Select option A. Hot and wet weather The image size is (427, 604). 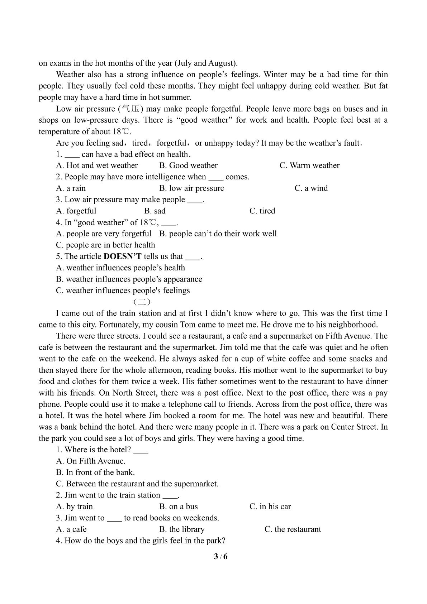click(x=97, y=165)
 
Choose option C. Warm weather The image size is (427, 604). click(x=309, y=165)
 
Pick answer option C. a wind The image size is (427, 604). click(x=311, y=188)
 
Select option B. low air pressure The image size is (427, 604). click(x=191, y=188)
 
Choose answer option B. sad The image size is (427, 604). click(x=155, y=211)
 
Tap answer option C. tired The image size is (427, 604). click(x=262, y=211)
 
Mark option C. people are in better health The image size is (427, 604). click(x=105, y=245)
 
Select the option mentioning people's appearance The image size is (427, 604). click(x=129, y=279)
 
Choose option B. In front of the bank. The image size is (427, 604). click(x=95, y=472)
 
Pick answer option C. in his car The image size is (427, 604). click(x=270, y=506)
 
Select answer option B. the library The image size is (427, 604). click(x=182, y=529)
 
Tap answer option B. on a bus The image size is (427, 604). click(x=178, y=506)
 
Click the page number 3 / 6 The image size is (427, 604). click(x=221, y=557)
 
